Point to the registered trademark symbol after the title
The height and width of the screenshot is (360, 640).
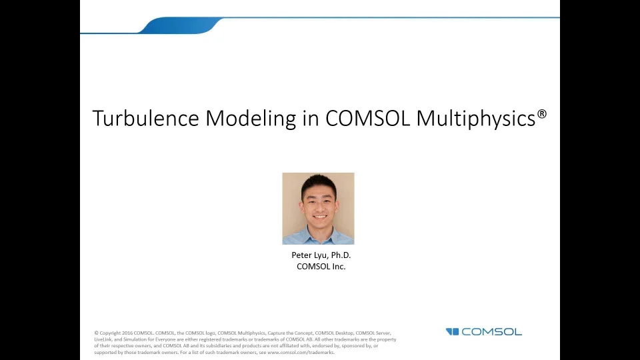(x=542, y=114)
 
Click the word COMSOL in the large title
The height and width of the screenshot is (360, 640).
(x=368, y=119)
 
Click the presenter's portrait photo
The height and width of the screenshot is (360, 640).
(x=318, y=209)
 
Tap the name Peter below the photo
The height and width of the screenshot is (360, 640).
(x=302, y=255)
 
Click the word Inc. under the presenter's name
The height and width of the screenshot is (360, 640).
(x=339, y=267)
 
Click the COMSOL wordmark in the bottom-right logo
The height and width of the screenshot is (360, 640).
(x=491, y=332)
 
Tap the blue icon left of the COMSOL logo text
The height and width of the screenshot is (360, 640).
(x=453, y=332)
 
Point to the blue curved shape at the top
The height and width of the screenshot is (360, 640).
(x=180, y=25)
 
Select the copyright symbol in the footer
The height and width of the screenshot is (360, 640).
(x=96, y=333)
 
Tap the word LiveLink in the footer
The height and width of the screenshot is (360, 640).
(x=103, y=339)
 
